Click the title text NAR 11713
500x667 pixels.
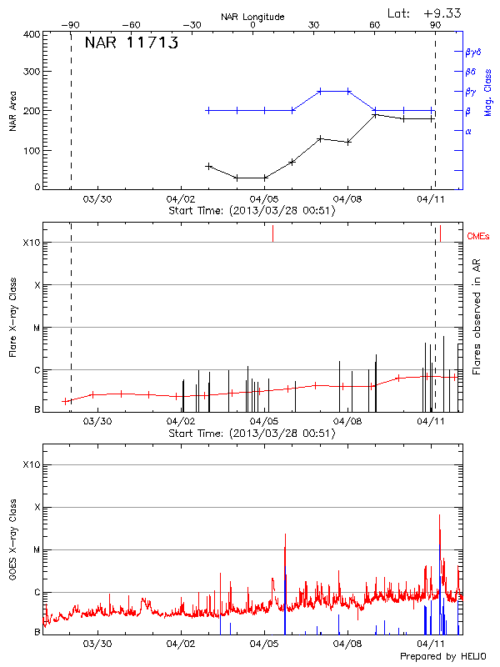[x=131, y=44]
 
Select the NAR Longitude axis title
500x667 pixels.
[x=252, y=16]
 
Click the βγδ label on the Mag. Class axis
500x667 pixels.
[x=472, y=52]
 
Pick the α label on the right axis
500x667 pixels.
[x=468, y=131]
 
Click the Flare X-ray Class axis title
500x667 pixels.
[x=13, y=317]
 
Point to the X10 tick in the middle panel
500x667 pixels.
[x=32, y=243]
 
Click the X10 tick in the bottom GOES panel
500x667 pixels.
[x=32, y=464]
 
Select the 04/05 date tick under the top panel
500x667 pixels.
[x=264, y=199]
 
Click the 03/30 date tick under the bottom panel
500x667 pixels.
[x=98, y=644]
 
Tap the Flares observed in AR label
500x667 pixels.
[x=477, y=317]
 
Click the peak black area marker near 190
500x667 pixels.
[x=375, y=114]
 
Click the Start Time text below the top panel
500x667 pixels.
[x=252, y=211]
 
